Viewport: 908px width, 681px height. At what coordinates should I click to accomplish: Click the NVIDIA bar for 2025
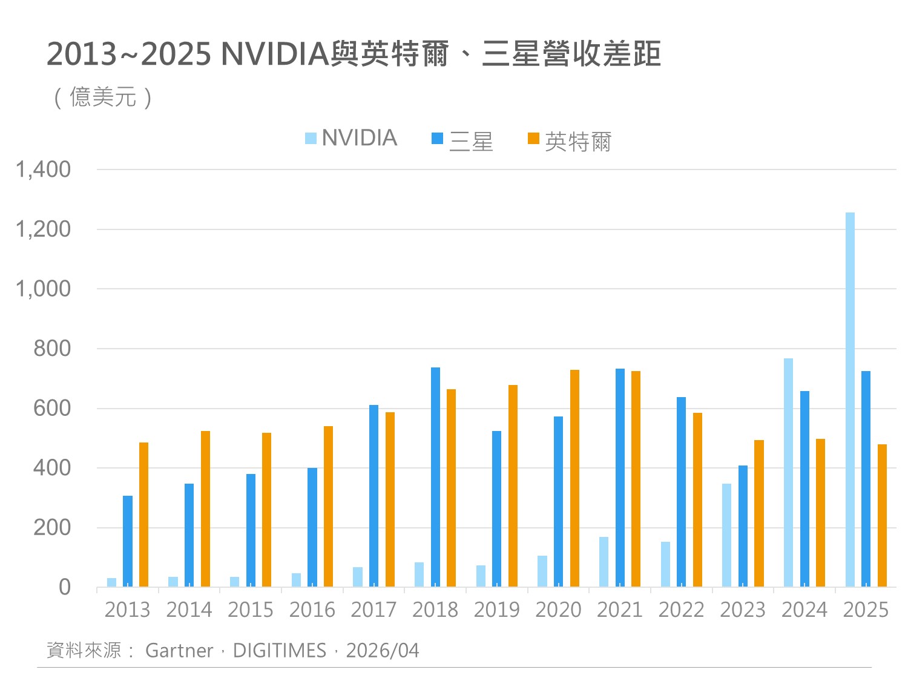click(x=850, y=400)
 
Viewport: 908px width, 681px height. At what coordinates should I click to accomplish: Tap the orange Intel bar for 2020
click(x=574, y=478)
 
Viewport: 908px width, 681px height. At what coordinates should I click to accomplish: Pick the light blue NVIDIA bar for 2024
click(x=788, y=472)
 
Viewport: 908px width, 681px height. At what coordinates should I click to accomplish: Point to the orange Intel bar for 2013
click(x=143, y=515)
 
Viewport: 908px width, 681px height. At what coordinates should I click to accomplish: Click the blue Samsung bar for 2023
click(x=743, y=526)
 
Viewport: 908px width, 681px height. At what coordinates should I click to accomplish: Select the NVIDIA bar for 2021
click(x=604, y=562)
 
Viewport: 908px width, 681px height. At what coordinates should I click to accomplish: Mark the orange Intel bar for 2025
click(x=882, y=515)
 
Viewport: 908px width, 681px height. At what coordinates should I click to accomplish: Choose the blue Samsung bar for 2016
click(x=312, y=527)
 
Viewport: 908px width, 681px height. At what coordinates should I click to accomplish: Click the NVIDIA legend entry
click(x=351, y=139)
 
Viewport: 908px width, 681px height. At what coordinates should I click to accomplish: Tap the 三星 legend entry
click(x=462, y=141)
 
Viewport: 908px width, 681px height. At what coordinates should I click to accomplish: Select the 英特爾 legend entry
click(x=570, y=142)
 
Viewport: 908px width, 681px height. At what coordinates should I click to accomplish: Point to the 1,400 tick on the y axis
click(x=43, y=170)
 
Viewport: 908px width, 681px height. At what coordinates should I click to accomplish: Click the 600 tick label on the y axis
click(x=52, y=409)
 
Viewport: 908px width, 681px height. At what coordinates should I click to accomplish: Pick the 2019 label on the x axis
click(x=496, y=610)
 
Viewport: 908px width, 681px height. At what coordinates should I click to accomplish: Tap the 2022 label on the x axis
click(x=681, y=610)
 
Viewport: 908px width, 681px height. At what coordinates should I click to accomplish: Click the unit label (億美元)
click(x=103, y=97)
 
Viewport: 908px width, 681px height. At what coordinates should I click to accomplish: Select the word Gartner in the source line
click(x=179, y=651)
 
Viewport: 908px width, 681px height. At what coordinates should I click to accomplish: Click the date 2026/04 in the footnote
click(x=383, y=651)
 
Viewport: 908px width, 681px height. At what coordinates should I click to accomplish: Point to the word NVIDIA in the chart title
click(x=274, y=54)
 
